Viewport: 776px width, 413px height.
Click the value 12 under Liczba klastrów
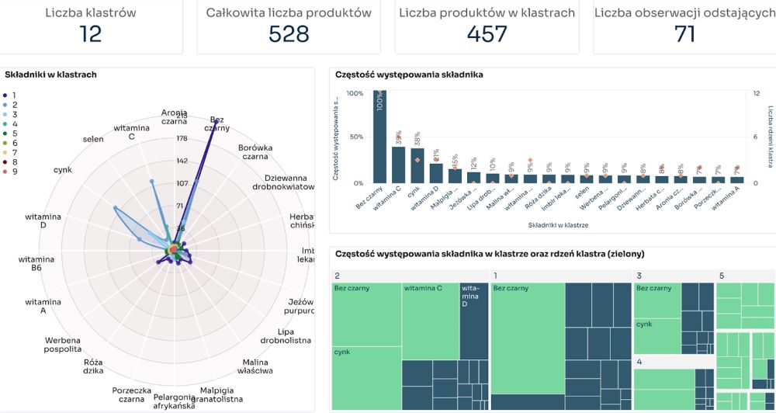point(91,33)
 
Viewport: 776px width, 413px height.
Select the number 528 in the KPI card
point(289,33)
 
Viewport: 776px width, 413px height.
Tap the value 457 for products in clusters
point(487,33)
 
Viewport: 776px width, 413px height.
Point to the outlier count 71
point(684,33)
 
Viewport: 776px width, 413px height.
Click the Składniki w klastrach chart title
point(50,75)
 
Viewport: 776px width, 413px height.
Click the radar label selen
point(92,140)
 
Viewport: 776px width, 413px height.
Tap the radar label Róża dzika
point(94,366)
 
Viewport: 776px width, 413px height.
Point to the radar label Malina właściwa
point(256,366)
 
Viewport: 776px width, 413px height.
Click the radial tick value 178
point(182,138)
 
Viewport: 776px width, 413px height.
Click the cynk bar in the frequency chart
point(417,165)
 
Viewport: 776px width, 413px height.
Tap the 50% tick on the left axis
point(355,137)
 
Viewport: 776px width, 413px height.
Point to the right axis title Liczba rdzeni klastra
point(771,137)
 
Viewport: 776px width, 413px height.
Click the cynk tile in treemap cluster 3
point(656,335)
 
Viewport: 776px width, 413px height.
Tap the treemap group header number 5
point(722,276)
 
